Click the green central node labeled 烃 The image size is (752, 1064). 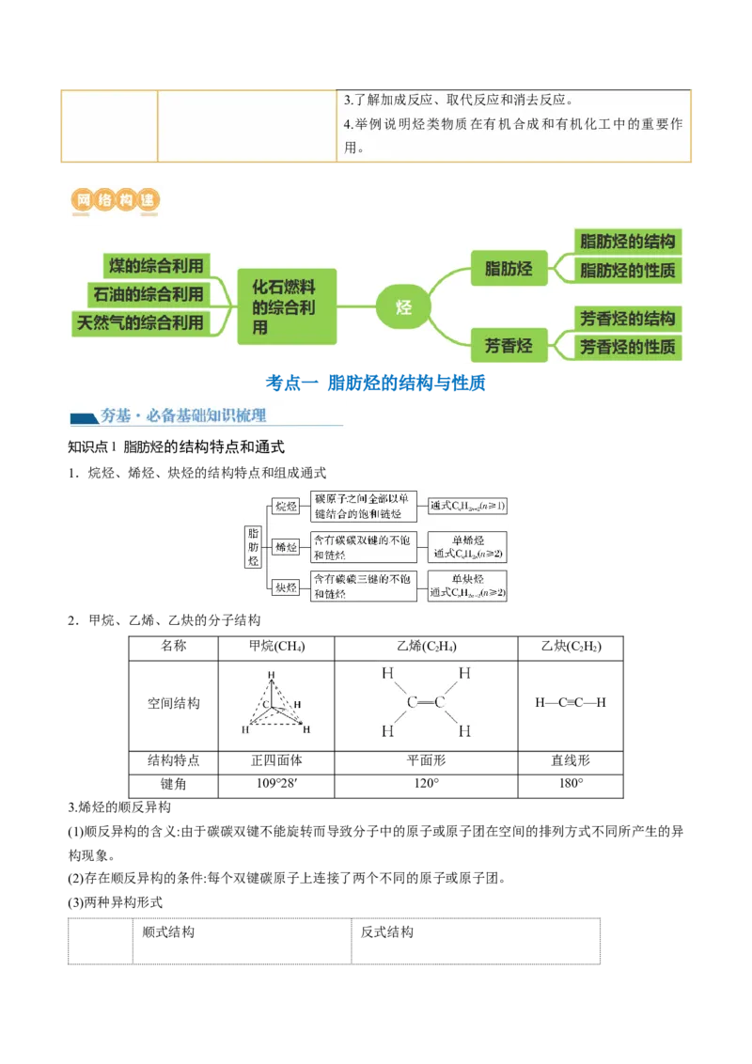(403, 307)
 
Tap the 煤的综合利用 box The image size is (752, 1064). (155, 265)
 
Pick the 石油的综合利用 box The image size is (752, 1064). (148, 294)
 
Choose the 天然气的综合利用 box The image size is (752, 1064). (140, 322)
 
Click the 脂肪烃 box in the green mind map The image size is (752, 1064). (509, 269)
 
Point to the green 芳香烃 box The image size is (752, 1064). (509, 346)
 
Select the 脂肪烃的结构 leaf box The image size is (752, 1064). (627, 242)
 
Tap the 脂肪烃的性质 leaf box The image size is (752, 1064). (627, 271)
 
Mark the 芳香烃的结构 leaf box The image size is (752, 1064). (627, 318)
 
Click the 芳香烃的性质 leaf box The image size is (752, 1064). (627, 347)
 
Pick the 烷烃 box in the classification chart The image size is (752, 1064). (285, 507)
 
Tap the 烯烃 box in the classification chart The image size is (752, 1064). (285, 547)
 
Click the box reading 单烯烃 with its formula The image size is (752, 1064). (467, 547)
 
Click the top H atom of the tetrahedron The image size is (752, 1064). (271, 674)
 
